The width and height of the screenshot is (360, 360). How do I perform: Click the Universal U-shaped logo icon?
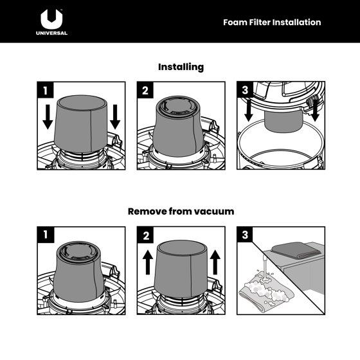point(51,19)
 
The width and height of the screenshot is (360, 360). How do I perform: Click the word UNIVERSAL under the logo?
point(51,33)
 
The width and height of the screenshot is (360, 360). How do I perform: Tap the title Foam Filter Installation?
point(272,22)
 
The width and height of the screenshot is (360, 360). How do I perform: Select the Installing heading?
point(181,67)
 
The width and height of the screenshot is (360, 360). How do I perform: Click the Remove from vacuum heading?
point(181,212)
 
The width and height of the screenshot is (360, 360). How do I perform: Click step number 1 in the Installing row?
point(46,90)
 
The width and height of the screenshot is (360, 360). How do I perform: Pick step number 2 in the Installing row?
point(145,90)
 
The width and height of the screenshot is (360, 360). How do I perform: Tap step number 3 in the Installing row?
point(245,90)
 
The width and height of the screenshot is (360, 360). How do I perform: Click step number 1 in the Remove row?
point(46,235)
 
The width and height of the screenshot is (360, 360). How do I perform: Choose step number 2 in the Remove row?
point(145,235)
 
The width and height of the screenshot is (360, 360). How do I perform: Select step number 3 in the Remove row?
point(245,235)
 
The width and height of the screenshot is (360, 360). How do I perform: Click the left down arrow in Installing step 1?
point(48,117)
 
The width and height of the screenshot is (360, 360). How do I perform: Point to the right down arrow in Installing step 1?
point(115,117)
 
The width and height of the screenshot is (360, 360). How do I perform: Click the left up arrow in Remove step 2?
point(148,262)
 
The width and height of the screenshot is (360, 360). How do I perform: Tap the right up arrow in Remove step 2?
point(215,262)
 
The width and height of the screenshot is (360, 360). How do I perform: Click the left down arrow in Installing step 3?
point(249,110)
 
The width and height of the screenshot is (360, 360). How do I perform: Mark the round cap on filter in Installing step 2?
point(179,105)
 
